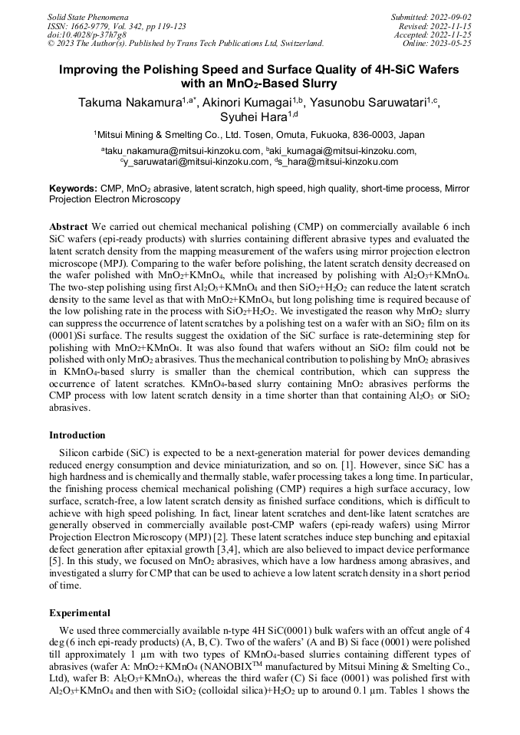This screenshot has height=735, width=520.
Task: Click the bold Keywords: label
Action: (74, 189)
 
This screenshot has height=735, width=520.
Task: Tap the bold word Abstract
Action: (68, 228)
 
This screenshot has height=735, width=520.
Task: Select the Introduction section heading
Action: (77, 435)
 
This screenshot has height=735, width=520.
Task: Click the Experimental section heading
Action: (79, 613)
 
